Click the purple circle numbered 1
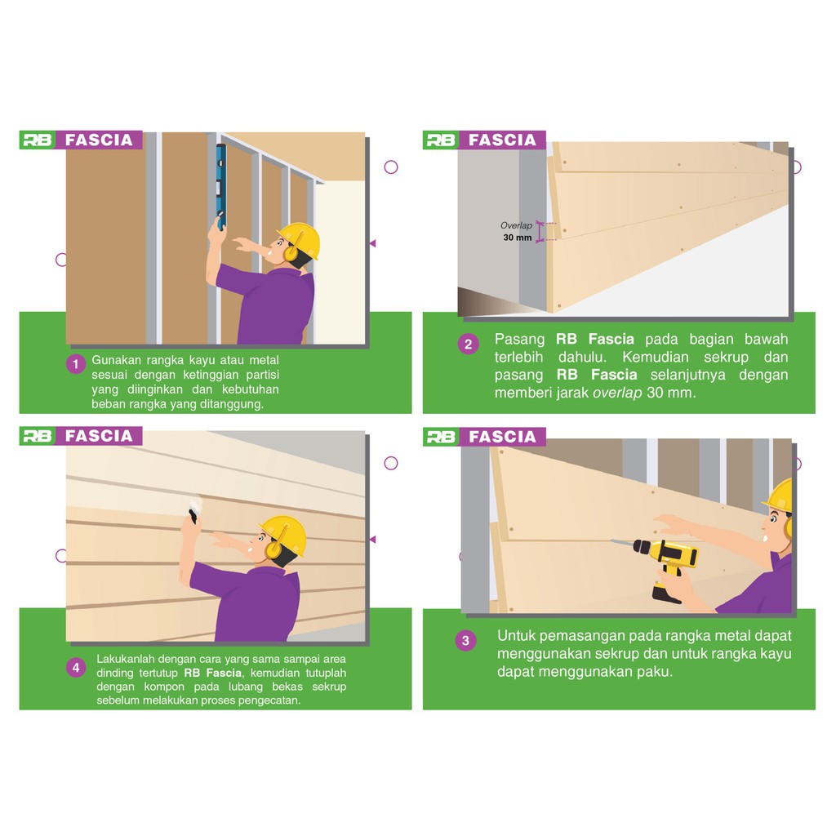point(76,364)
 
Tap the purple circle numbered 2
point(468,344)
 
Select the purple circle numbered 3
point(465,640)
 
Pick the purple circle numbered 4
point(76,667)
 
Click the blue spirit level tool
point(220,187)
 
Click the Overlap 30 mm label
point(517,231)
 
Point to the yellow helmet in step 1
point(299,240)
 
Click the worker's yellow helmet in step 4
point(283,535)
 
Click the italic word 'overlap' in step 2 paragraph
point(617,394)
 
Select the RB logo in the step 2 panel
point(440,140)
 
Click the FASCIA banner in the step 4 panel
point(99,436)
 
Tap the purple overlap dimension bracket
point(540,232)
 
